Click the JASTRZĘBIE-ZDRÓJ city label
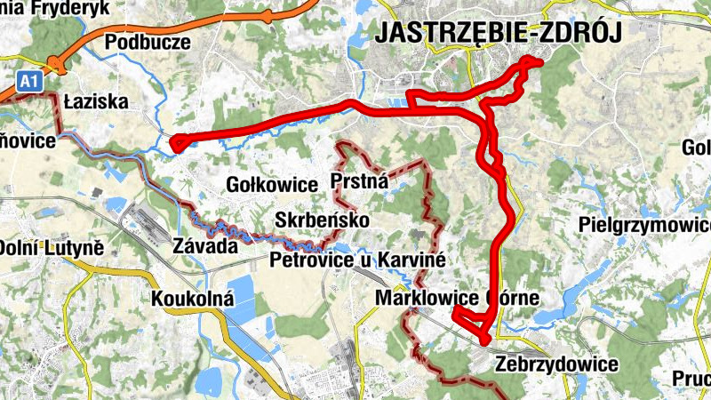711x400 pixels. (498, 32)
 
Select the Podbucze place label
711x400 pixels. (148, 42)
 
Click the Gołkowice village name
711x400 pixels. (272, 185)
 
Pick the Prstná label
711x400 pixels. (359, 182)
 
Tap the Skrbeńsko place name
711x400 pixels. (322, 220)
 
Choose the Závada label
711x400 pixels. (205, 246)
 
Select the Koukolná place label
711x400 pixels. (192, 298)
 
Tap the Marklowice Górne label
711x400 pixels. (457, 298)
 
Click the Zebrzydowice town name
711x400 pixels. (557, 364)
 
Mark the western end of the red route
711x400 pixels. (175, 142)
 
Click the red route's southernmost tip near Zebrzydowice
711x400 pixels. (485, 340)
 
